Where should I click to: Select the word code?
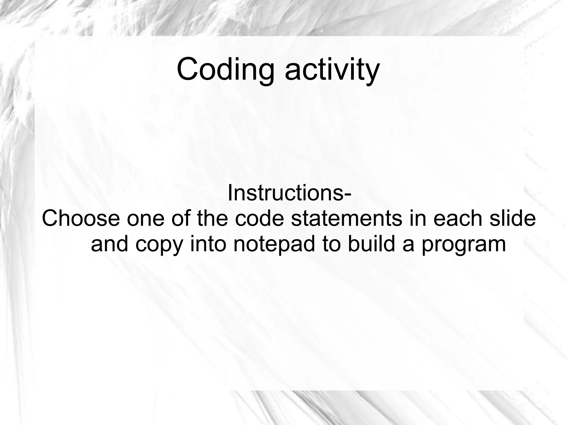point(260,218)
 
